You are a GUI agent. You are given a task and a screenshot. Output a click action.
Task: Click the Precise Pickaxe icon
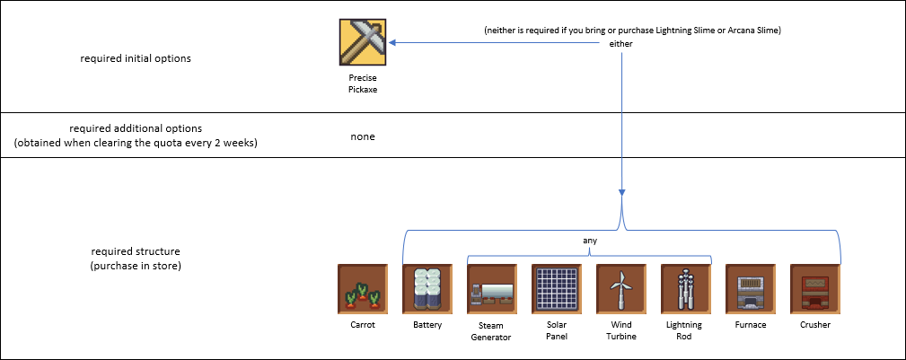(363, 41)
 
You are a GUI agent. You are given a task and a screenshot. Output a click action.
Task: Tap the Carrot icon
(363, 288)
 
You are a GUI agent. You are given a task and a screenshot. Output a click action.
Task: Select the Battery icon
(427, 288)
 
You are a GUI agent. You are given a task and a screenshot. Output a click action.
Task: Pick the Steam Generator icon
(491, 288)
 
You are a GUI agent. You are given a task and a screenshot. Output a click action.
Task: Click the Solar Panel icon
(556, 288)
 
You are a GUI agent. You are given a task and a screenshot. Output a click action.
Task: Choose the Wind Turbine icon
(620, 288)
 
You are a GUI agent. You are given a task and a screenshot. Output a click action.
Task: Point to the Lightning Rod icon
(685, 288)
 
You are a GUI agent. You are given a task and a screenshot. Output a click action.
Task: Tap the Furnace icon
(750, 288)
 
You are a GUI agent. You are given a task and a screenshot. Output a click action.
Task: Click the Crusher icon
(814, 288)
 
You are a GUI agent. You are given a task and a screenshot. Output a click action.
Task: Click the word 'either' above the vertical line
(621, 44)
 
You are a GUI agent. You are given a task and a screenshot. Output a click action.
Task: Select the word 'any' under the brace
(589, 241)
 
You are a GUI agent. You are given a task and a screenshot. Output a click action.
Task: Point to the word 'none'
(363, 136)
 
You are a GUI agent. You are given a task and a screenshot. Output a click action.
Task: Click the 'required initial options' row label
(136, 58)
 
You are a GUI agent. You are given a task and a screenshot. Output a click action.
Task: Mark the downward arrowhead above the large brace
(621, 194)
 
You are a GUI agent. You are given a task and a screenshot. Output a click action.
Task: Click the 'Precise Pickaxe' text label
(363, 84)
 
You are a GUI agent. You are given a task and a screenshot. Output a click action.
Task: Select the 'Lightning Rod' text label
(685, 330)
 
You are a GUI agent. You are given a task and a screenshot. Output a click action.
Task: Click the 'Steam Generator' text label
(491, 330)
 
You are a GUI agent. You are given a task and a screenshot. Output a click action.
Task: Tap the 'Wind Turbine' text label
(620, 330)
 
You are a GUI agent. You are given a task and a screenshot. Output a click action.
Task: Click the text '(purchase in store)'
(136, 266)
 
